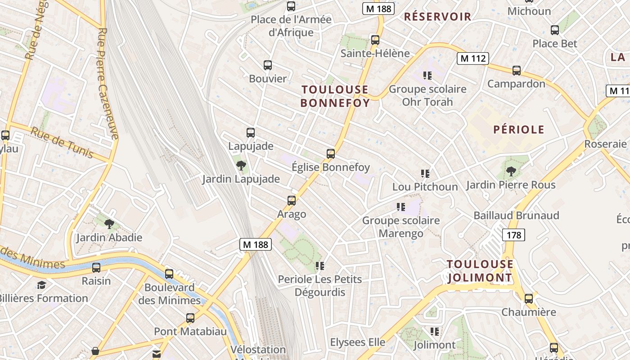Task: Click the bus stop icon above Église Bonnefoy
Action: click(331, 154)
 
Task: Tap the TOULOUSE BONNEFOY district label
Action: click(335, 96)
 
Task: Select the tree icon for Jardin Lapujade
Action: click(241, 166)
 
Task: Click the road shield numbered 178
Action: click(513, 234)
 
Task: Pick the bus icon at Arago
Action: click(292, 201)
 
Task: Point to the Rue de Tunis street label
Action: click(62, 142)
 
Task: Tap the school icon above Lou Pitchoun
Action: click(425, 173)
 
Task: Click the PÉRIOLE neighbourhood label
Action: click(519, 130)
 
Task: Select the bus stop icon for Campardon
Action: click(517, 71)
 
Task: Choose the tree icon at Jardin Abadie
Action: click(109, 224)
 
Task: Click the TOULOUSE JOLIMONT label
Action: click(480, 271)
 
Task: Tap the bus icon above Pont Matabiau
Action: click(190, 318)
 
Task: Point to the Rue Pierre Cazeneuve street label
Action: click(108, 83)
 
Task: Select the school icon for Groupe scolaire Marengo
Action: click(400, 207)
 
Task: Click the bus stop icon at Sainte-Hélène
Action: click(375, 40)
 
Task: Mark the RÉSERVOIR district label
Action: click(437, 17)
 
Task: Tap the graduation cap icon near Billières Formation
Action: click(41, 285)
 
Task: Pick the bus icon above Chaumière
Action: click(529, 298)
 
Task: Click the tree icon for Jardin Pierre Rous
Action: click(511, 171)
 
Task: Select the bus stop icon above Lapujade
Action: click(251, 133)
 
